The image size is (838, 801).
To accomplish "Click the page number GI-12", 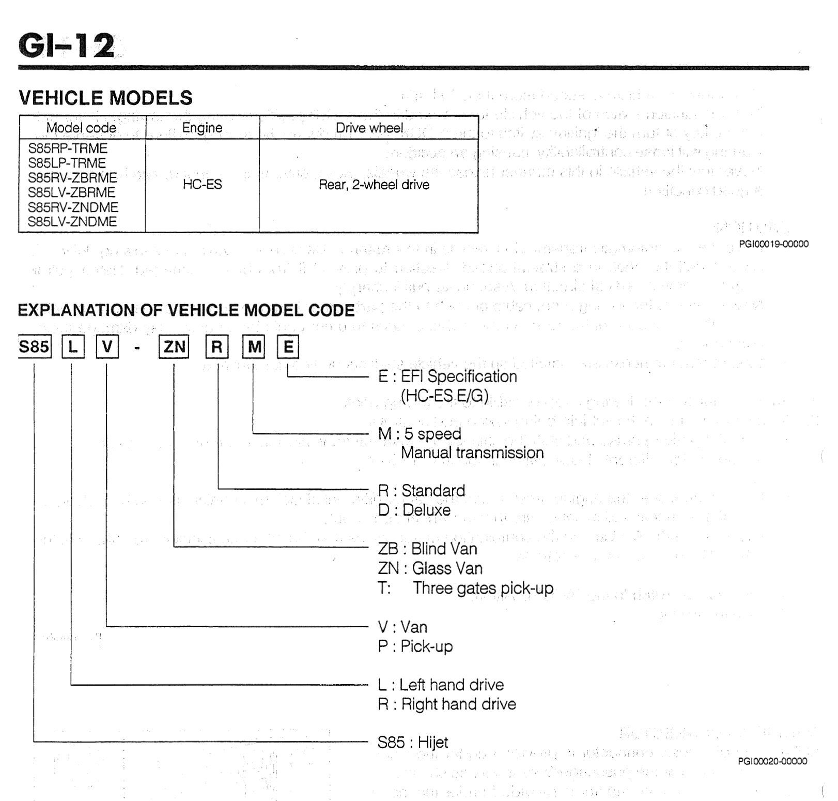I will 66,46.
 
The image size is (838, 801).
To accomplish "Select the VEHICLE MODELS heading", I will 105,98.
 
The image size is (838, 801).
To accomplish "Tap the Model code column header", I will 81,128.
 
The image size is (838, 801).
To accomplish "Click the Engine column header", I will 202,128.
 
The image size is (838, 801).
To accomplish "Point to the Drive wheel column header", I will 369,128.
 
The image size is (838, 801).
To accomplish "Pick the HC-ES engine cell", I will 202,185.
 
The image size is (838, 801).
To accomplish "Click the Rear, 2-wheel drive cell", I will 374,185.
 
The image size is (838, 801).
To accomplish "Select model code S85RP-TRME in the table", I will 68,148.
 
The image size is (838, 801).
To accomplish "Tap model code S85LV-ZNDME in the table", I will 73,222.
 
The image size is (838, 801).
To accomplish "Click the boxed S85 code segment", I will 34,346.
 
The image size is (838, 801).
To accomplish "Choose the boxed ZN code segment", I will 174,346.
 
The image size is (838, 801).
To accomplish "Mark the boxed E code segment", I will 288,347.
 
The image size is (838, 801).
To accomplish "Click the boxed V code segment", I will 107,346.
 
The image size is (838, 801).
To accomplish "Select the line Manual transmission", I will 472,452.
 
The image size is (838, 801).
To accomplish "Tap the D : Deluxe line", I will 414,510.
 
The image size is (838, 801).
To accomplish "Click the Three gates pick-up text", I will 483,588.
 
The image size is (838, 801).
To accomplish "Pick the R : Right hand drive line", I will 447,704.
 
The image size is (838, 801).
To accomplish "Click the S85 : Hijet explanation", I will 413,742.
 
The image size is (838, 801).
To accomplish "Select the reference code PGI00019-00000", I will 773,244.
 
